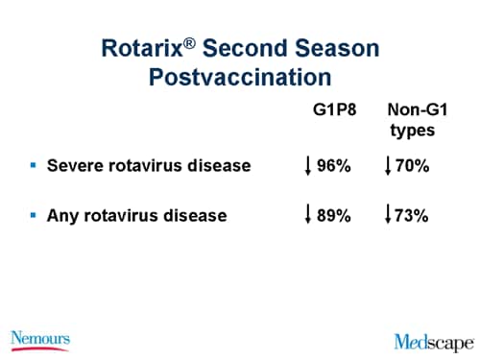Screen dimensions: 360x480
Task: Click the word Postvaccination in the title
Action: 240,77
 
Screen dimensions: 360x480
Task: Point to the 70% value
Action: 411,166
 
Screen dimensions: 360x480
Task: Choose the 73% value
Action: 411,216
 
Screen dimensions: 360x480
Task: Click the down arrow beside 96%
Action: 307,166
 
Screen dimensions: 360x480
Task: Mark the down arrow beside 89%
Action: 307,216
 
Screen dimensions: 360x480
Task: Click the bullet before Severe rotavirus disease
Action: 33,165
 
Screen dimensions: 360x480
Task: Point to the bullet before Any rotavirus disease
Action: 33,215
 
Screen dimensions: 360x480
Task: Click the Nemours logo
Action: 40,339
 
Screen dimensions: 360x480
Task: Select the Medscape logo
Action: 433,340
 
